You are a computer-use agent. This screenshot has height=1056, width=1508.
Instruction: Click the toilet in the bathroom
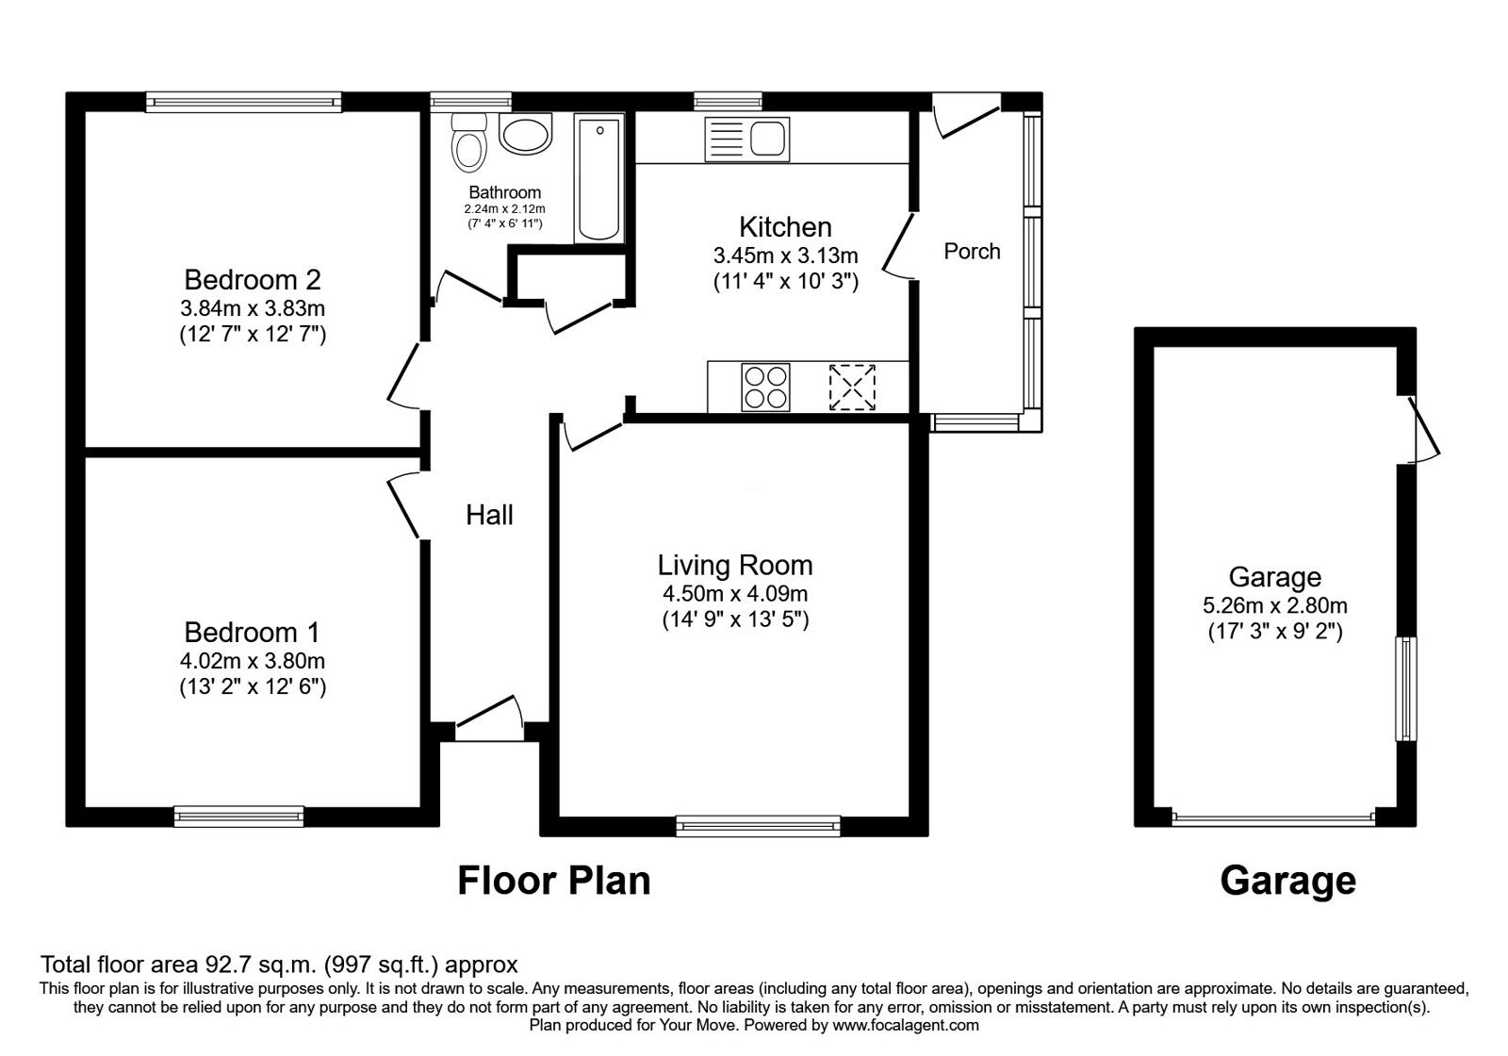(x=468, y=144)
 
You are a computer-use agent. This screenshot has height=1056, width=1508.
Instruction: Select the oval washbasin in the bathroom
(x=526, y=135)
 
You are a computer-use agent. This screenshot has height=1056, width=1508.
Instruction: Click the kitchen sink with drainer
(x=746, y=140)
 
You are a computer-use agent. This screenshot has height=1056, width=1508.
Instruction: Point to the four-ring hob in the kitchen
(x=765, y=387)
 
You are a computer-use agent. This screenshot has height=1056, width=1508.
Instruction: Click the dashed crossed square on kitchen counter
(x=852, y=387)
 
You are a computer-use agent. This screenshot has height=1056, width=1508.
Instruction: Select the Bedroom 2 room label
(x=253, y=280)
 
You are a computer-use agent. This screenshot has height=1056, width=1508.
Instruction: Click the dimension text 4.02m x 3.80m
(x=253, y=661)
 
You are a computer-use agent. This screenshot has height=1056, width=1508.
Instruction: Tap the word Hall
(x=490, y=515)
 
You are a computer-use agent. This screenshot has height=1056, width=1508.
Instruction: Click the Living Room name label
(x=735, y=566)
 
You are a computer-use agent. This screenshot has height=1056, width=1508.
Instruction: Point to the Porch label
(x=972, y=252)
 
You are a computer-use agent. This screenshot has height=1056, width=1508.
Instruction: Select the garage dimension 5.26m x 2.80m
(x=1275, y=605)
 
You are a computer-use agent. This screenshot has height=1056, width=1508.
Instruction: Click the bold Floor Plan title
(x=554, y=881)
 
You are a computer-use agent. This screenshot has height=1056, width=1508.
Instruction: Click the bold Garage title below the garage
(x=1287, y=881)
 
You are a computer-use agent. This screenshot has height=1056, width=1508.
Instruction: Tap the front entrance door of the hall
(x=490, y=718)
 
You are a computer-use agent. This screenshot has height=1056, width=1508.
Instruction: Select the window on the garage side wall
(x=1406, y=688)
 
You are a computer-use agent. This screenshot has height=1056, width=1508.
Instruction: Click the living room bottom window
(x=759, y=827)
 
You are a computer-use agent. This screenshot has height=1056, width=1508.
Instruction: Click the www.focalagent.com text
(x=906, y=1025)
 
